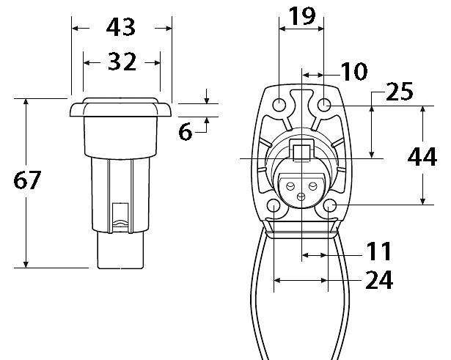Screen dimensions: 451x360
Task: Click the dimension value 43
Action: [x=120, y=27]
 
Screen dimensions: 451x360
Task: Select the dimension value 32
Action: [x=122, y=62]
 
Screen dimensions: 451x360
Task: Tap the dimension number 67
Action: [x=27, y=180]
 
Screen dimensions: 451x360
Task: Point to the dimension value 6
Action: [x=186, y=132]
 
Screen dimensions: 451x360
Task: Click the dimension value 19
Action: [x=301, y=16]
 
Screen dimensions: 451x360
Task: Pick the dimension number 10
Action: [x=353, y=71]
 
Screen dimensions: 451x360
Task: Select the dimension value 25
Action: [x=399, y=92]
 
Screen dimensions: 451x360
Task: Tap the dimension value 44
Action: [x=422, y=156]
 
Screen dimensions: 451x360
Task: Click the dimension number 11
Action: [x=378, y=251]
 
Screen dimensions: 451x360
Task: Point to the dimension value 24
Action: [x=379, y=280]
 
